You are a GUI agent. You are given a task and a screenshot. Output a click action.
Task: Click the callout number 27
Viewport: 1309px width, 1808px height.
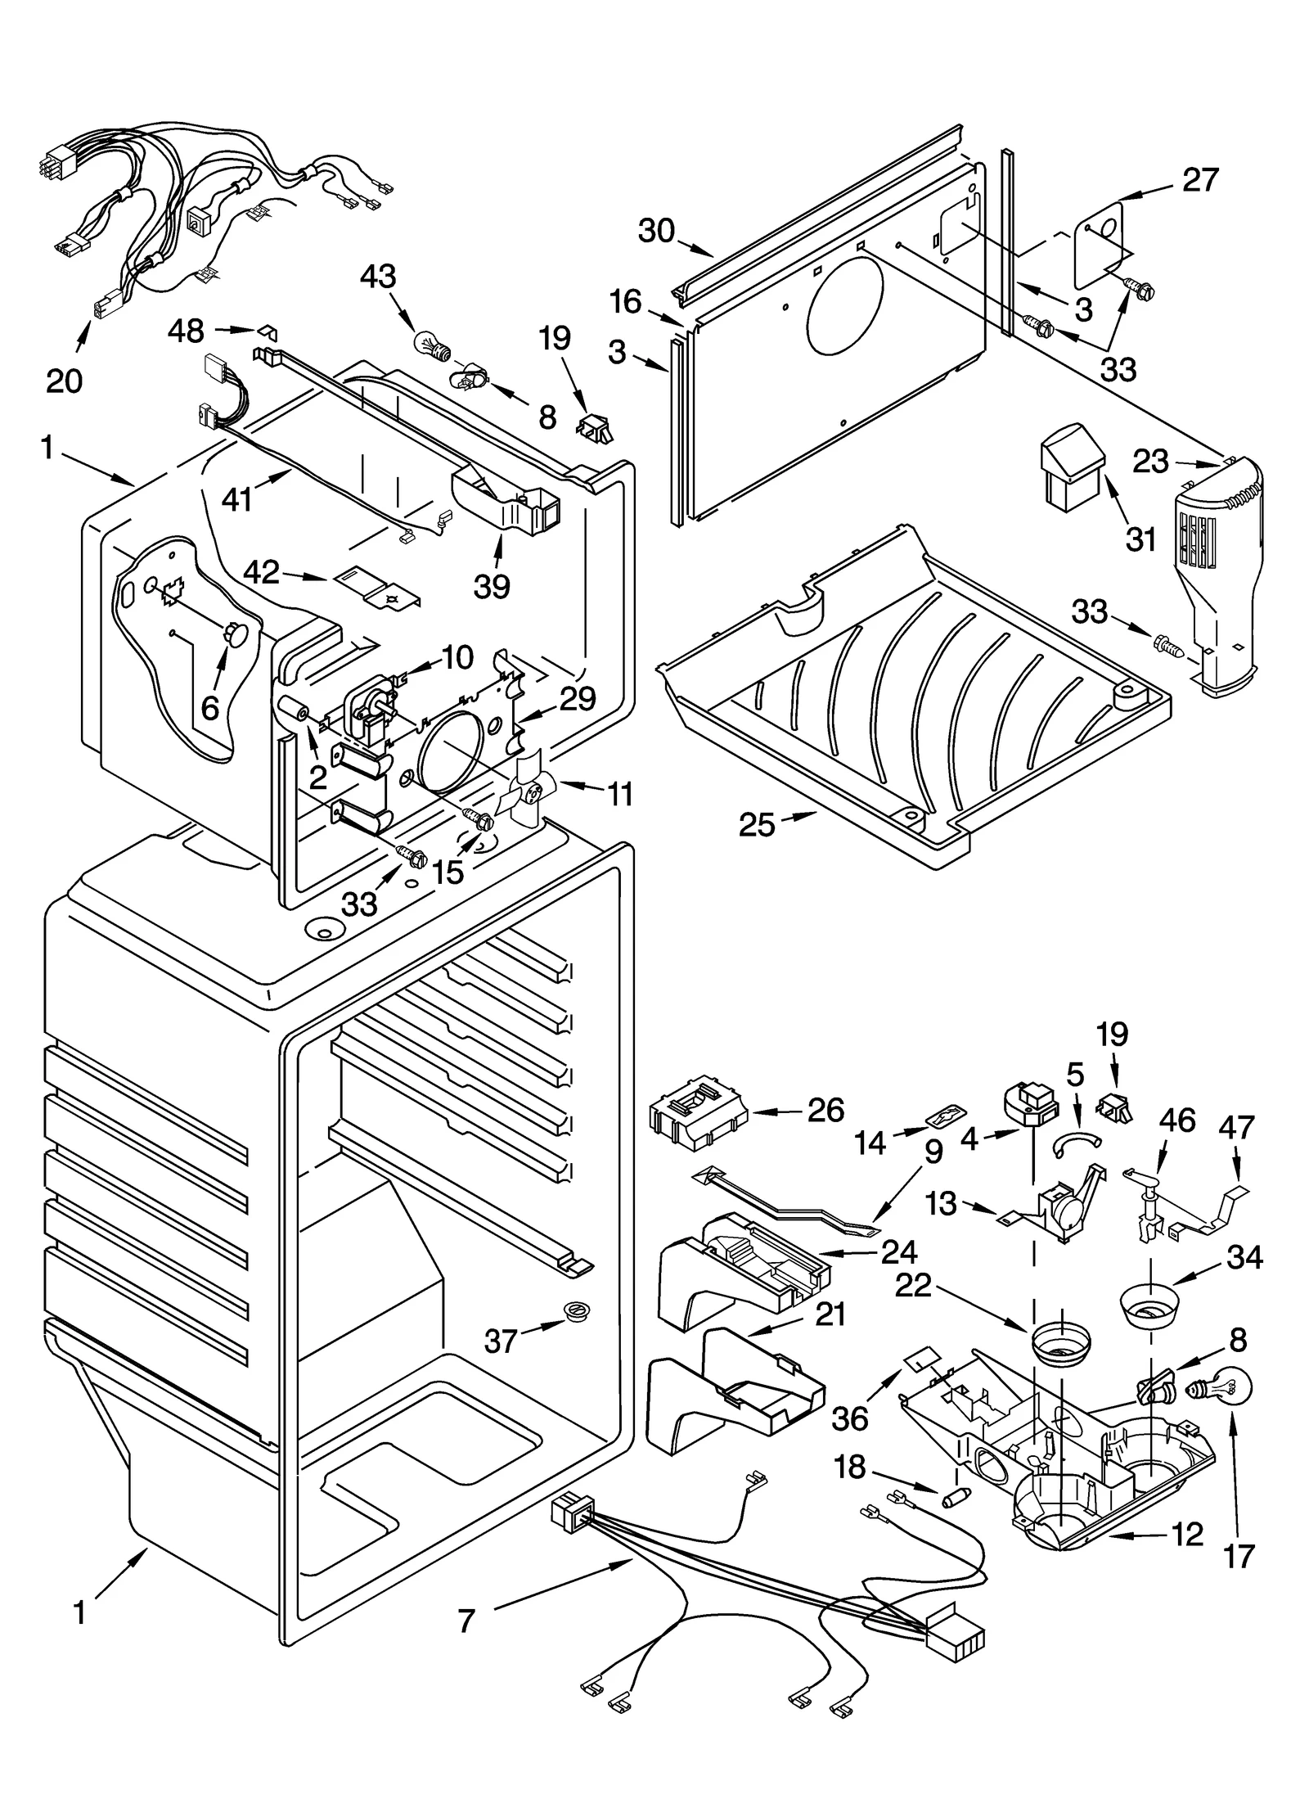coord(1200,180)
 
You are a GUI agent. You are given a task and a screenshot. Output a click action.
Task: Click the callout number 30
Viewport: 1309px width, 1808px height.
coord(656,232)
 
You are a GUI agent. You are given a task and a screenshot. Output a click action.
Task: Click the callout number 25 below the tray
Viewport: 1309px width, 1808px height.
coord(757,825)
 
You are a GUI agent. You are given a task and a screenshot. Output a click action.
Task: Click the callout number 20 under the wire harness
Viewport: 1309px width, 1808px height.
coord(65,381)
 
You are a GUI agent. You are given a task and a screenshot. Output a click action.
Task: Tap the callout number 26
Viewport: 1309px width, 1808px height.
coord(825,1110)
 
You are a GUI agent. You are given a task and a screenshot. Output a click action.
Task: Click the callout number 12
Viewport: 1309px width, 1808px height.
coord(1186,1534)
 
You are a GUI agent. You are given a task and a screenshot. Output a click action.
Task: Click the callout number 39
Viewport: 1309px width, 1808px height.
coord(492,586)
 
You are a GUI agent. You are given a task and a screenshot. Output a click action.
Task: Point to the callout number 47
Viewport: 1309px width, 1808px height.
coord(1235,1127)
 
